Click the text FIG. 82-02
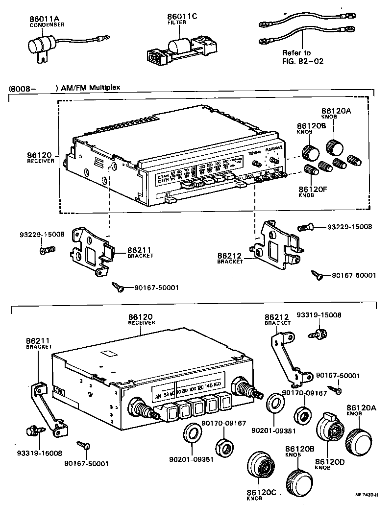[303, 61]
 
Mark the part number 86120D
[330, 462]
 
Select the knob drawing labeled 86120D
[330, 431]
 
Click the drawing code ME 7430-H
[366, 495]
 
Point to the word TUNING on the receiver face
[255, 153]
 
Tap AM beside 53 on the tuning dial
[158, 396]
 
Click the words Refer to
[296, 53]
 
